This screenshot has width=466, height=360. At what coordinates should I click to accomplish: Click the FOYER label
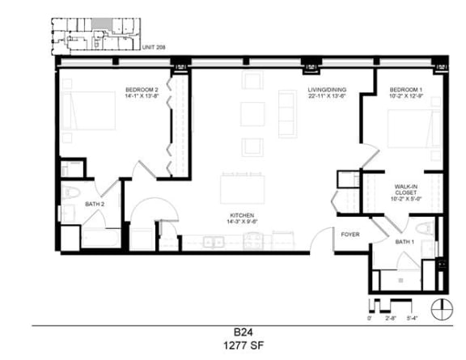(349, 235)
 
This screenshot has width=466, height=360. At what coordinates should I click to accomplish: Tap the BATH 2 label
(95, 205)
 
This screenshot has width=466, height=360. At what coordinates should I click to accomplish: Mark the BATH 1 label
(405, 242)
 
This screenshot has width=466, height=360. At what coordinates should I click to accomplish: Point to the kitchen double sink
(214, 241)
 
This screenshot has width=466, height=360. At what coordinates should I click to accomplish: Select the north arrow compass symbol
(441, 308)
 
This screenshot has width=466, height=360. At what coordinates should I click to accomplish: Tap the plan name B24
(237, 332)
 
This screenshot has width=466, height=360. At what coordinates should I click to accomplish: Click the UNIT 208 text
(154, 48)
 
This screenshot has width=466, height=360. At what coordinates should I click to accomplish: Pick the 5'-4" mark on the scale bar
(413, 319)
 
